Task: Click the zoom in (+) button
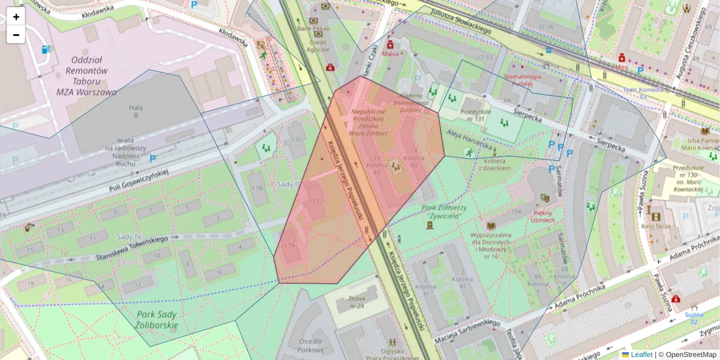[16, 17]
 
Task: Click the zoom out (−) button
[16, 35]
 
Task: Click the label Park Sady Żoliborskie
[157, 320]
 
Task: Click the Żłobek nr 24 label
[356, 302]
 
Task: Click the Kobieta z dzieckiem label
[494, 164]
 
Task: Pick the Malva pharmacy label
[391, 54]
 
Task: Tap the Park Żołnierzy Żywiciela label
[444, 211]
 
